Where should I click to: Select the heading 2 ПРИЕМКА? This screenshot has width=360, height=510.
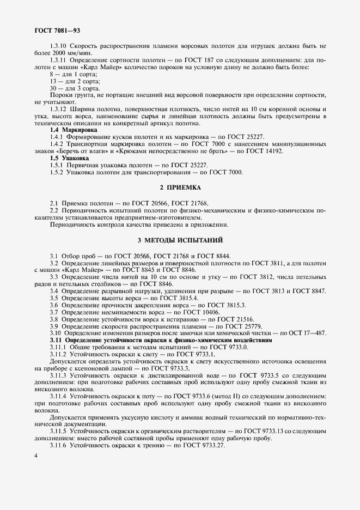coord(180,187)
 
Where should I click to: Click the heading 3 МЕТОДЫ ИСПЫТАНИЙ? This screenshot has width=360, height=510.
coord(180,240)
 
